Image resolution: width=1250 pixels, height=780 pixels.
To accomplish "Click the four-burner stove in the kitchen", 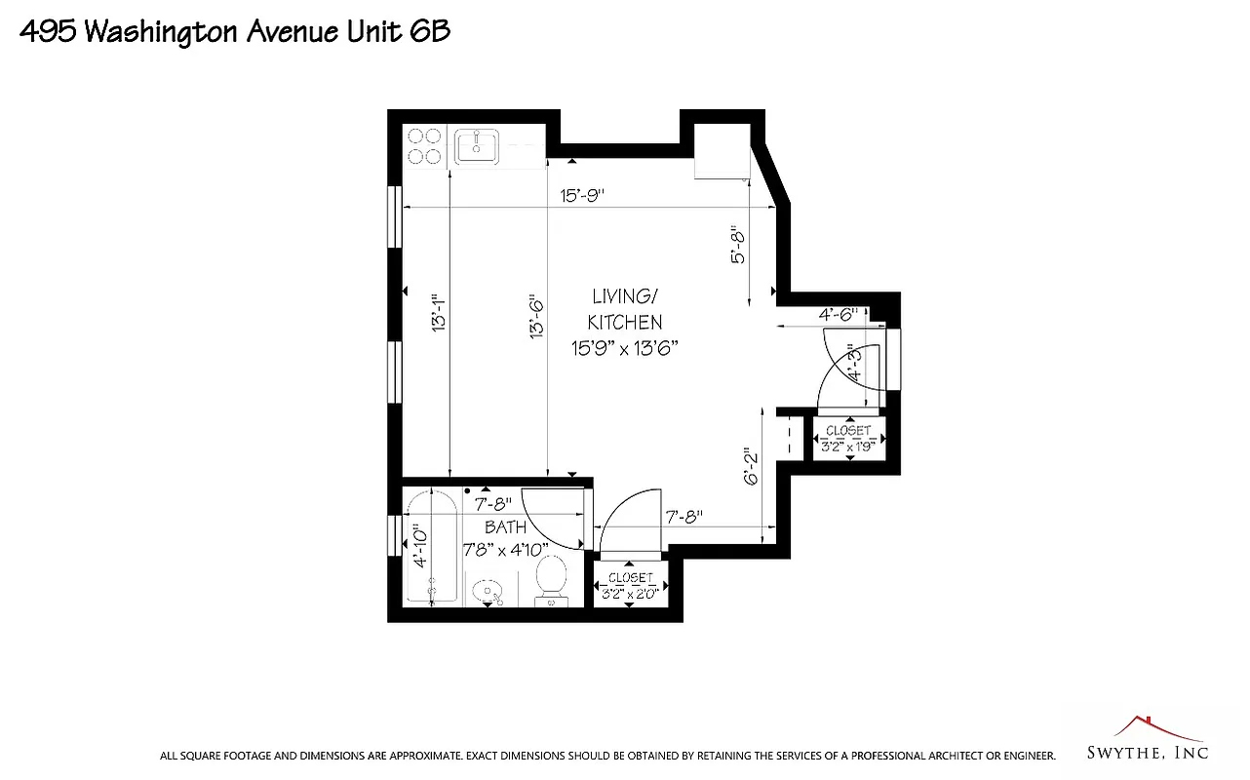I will pos(425,146).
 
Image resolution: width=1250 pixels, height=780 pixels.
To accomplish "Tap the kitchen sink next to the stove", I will pos(477,147).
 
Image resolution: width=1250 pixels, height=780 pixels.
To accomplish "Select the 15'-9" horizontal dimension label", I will pos(582,195).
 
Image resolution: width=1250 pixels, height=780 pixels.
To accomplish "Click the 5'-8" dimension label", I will pos(738,246).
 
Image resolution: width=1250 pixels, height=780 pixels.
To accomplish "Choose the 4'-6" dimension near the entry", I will pos(837,314).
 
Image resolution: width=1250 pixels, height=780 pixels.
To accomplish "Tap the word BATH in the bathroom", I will pos(505,527).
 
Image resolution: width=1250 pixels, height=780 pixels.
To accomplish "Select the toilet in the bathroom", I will pos(552,581).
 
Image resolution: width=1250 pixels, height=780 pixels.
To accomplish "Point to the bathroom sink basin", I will pos(487,591).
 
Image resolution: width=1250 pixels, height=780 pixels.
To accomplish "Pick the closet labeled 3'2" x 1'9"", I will pos(848,438).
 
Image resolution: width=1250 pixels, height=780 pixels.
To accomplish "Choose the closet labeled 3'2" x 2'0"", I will pos(630,585).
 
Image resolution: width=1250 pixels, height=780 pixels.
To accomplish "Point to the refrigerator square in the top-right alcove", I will pos(722,151).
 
